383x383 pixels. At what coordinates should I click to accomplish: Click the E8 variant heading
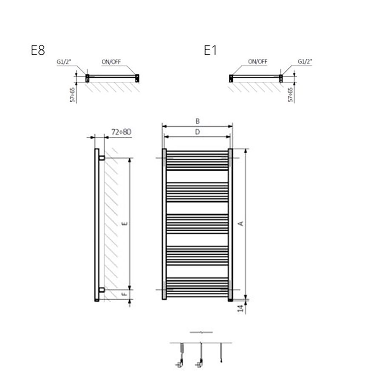38,50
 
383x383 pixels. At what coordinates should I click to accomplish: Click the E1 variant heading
210,50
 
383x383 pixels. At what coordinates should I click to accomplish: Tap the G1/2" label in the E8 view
64,62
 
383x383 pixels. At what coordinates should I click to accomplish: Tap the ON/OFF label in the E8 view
111,62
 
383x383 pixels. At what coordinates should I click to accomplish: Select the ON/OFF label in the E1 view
258,62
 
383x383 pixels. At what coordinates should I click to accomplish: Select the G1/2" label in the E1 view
305,62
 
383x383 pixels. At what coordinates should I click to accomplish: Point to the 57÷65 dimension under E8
72,94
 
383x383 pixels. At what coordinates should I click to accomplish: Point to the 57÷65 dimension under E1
290,94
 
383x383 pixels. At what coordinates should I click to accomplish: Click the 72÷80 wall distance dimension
121,132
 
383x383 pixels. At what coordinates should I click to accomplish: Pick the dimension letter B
197,121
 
